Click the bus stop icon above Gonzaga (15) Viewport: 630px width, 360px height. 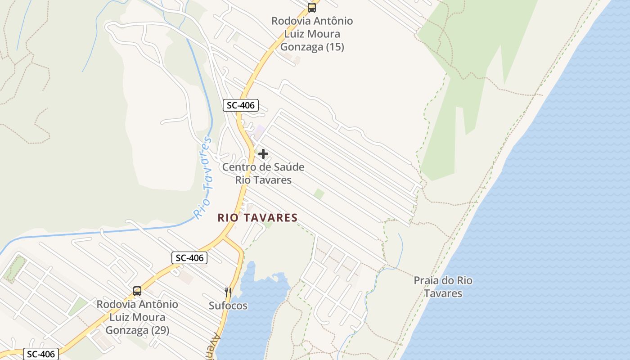(311, 7)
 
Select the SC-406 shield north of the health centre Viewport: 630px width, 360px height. (241, 106)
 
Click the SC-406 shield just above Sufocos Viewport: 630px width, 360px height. (189, 258)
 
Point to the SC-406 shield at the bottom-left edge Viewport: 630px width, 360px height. (41, 354)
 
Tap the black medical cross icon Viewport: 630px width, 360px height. (263, 154)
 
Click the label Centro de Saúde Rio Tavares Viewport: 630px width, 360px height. (263, 173)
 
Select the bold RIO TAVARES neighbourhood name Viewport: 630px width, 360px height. (257, 218)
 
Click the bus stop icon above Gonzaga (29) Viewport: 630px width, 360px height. (137, 291)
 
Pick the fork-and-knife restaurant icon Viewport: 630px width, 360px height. (228, 292)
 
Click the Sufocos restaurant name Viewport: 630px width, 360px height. (228, 306)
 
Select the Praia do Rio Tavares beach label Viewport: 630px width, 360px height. (443, 287)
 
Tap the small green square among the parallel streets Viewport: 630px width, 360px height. (319, 194)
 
